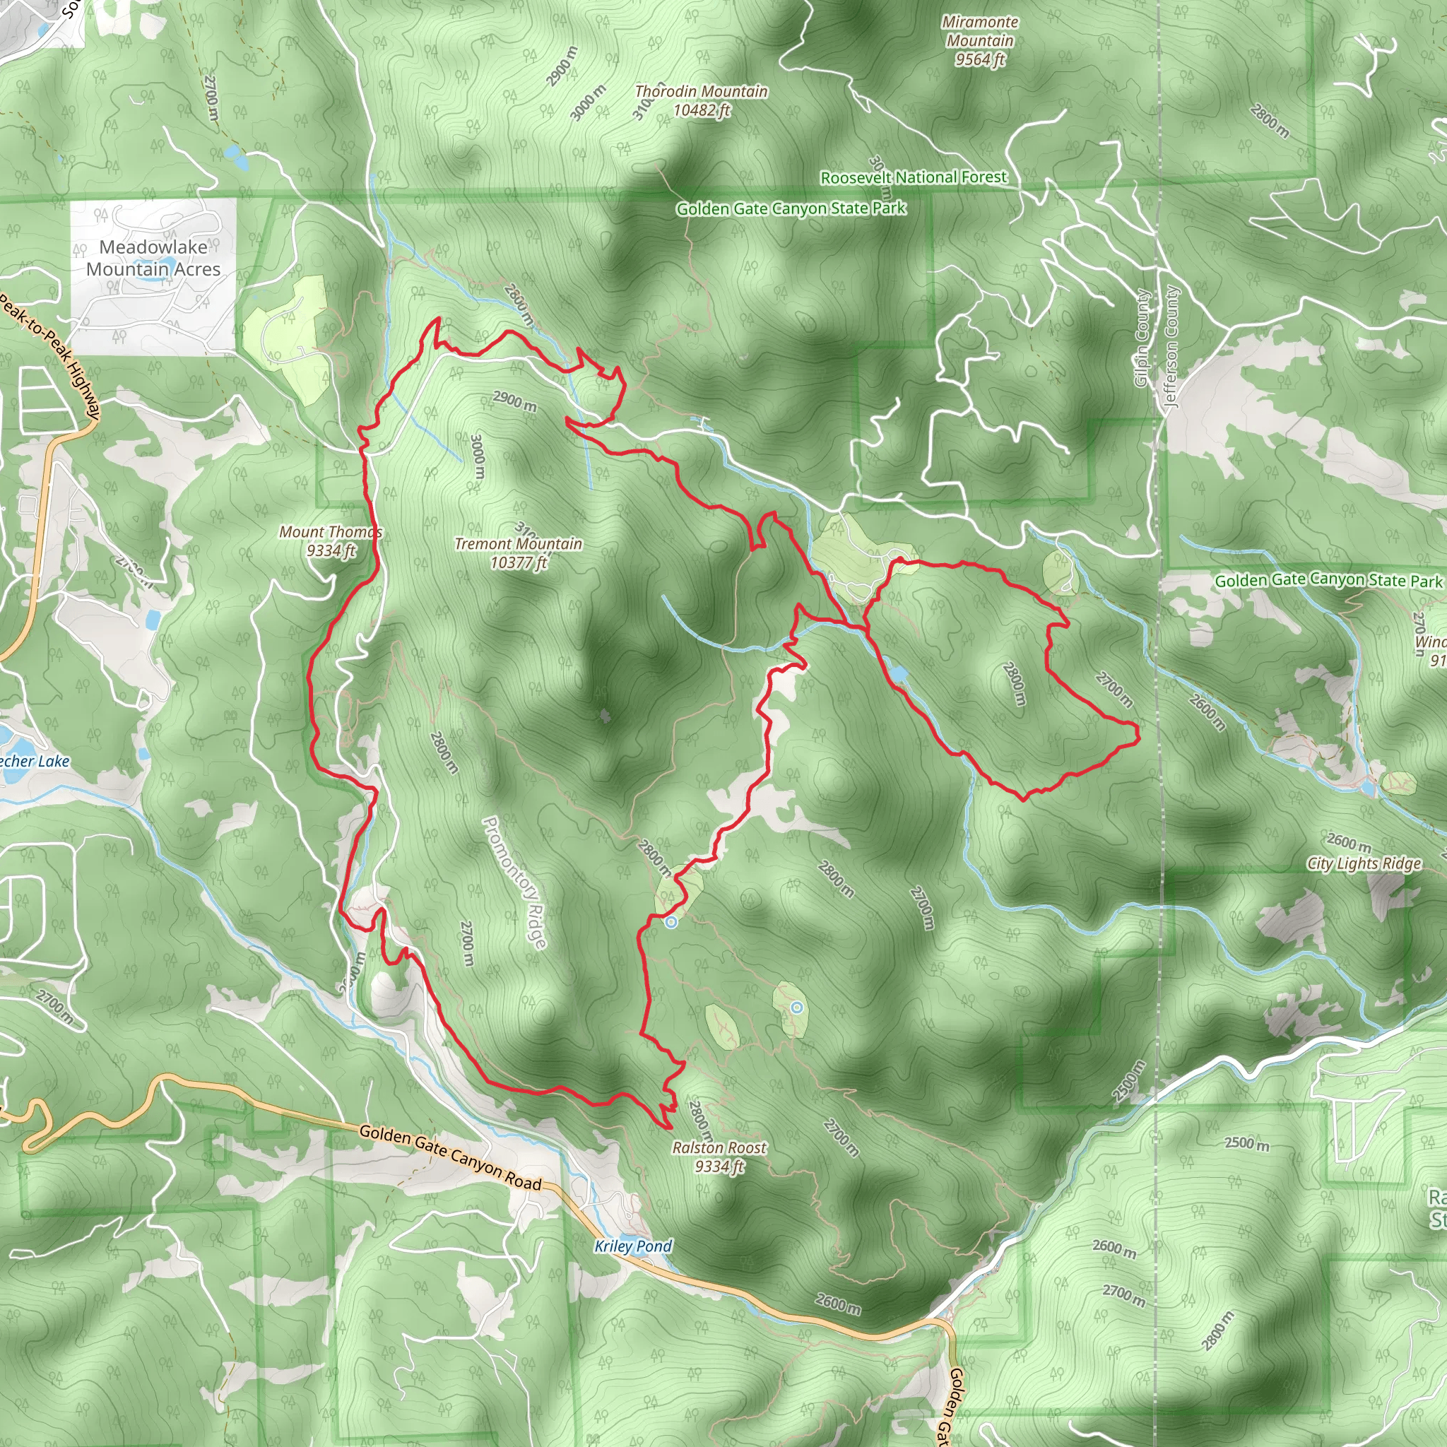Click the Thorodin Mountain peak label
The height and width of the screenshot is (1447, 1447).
pos(701,100)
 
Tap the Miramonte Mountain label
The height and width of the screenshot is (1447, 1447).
pos(980,41)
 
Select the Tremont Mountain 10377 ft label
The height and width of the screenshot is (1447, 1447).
pos(519,553)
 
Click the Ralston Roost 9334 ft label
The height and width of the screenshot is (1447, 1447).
pos(719,1157)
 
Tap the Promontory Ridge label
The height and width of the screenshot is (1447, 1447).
pos(514,882)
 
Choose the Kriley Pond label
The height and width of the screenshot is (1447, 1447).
pos(633,1246)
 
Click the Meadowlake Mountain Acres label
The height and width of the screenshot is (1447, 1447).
pos(153,258)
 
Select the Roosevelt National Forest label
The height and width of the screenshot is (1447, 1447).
pos(914,177)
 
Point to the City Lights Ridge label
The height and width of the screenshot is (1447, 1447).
pos(1364,863)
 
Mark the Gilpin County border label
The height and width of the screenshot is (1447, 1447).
pos(1142,338)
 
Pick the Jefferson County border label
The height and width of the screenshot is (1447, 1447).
pos(1171,347)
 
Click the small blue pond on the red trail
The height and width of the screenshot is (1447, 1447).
pos(898,674)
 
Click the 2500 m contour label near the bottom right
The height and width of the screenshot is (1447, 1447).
pos(1247,1143)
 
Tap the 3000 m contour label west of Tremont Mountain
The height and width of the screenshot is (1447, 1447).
pos(478,456)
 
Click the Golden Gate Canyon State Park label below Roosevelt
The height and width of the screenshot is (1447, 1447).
pos(791,208)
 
